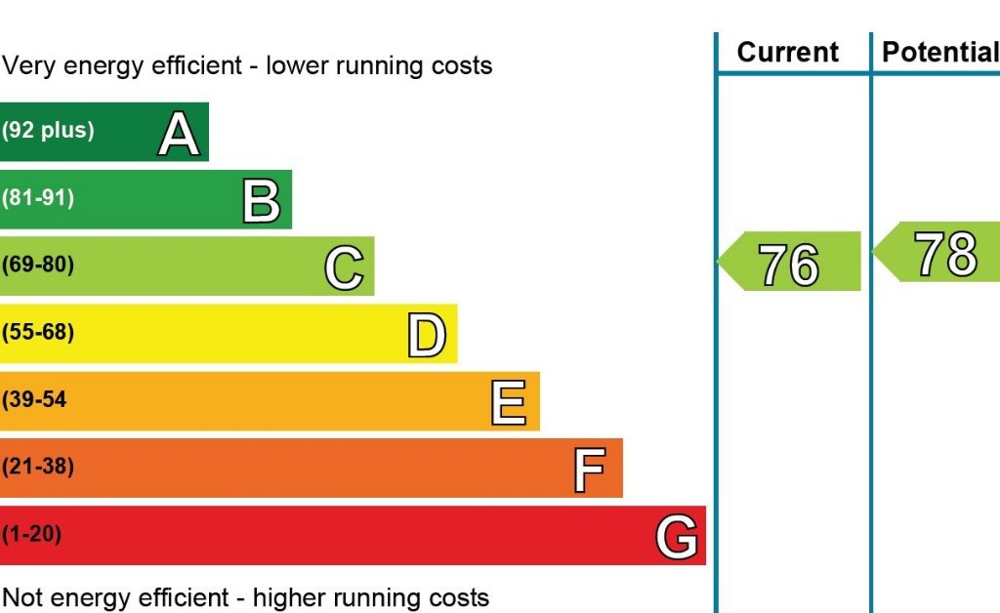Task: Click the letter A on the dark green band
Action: click(179, 133)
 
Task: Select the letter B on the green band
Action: click(262, 199)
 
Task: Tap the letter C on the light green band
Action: click(344, 266)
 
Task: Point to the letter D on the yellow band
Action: click(427, 334)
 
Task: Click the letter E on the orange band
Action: click(509, 401)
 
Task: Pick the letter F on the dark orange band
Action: click(590, 469)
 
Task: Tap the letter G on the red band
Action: click(676, 536)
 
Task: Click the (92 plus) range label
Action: click(48, 130)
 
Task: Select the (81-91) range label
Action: click(38, 197)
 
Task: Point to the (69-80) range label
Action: click(38, 265)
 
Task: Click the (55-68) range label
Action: click(38, 332)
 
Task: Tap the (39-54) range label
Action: click(35, 399)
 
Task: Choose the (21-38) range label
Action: click(38, 467)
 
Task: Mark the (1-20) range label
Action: click(31, 534)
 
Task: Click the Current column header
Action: click(787, 52)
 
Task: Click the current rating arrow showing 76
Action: click(790, 262)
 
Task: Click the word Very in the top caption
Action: click(27, 66)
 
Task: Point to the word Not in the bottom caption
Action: click(23, 597)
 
